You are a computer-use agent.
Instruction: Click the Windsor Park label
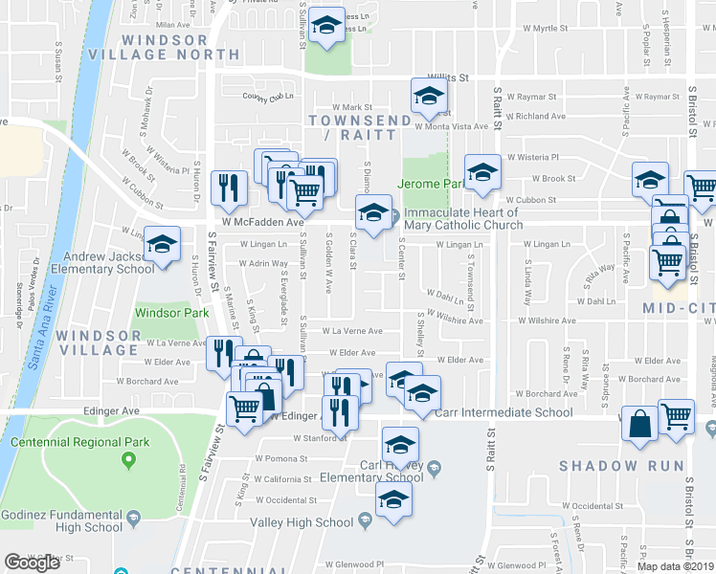pos(171,313)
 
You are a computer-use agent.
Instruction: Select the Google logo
pos(32,563)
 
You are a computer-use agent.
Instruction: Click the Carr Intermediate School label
pos(503,412)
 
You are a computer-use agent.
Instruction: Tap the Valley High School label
pos(302,522)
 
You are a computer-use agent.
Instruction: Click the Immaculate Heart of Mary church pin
pos(393,218)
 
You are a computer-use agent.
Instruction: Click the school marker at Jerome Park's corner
pos(483,172)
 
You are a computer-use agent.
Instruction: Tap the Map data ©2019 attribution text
pos(676,566)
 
